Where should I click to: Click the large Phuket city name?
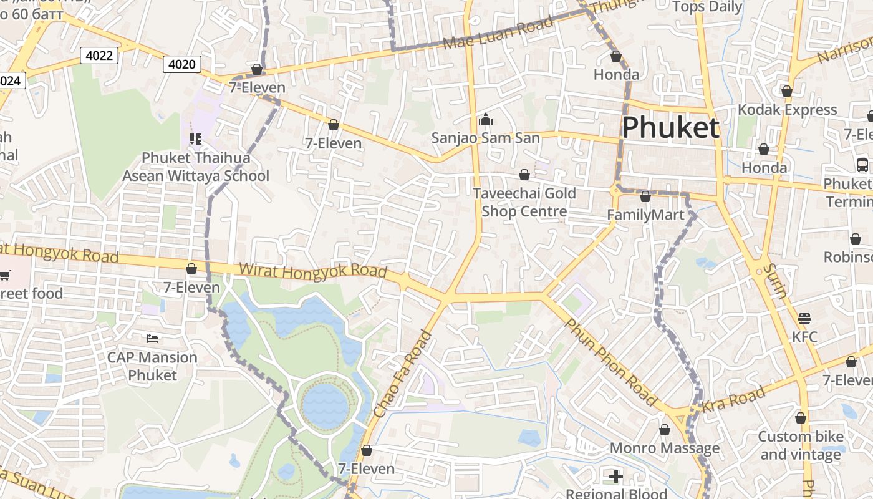671,127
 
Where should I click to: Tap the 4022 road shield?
99,56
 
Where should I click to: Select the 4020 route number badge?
182,64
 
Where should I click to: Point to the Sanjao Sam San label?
486,138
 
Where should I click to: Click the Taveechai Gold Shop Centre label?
524,202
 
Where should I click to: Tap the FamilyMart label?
645,215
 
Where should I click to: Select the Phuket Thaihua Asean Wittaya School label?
195,167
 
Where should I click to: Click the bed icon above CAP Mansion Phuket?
152,339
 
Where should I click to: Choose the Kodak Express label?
787,110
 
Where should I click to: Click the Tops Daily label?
707,7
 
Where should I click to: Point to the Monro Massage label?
664,448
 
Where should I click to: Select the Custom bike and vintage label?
800,445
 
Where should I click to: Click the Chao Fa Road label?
403,374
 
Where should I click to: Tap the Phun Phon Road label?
610,362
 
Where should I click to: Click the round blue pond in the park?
326,405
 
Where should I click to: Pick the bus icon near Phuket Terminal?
862,165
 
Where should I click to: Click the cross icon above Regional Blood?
616,477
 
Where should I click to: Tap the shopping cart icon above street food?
4,275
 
